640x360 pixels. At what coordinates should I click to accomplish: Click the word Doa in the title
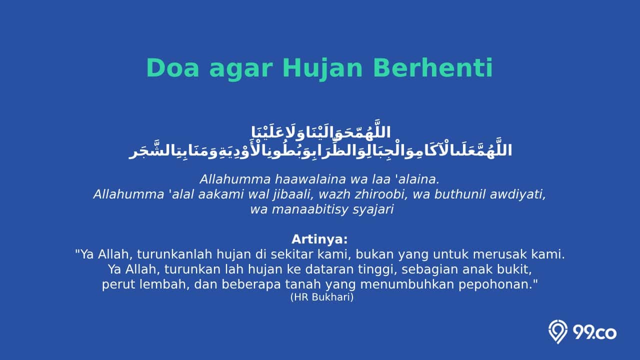pos(172,68)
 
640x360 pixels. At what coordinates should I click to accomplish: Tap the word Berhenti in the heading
pos(433,68)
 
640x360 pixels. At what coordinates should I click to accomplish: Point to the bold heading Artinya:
pos(319,239)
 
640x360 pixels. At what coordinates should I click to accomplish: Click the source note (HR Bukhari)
pos(322,297)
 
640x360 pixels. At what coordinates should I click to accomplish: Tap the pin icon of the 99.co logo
pos(557,331)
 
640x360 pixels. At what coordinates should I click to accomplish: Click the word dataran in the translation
pos(327,269)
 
